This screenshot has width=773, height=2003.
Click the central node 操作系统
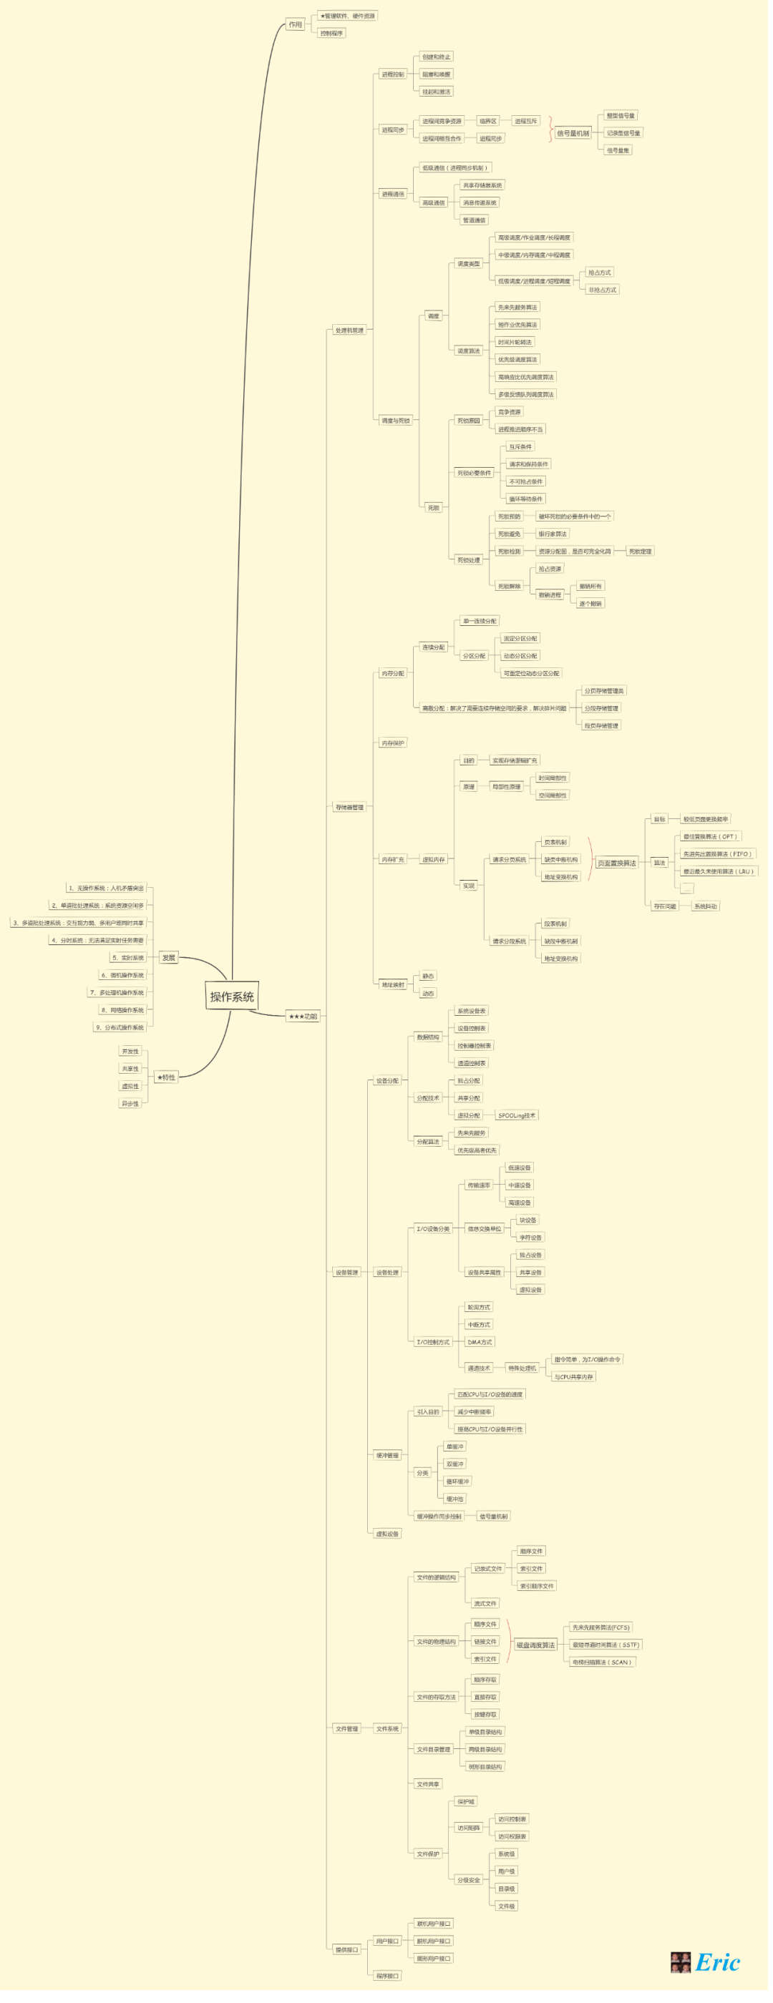(x=233, y=1003)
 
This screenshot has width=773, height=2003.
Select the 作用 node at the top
(x=297, y=25)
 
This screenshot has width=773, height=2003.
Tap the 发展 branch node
(x=170, y=964)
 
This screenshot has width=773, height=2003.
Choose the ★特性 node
(x=167, y=1084)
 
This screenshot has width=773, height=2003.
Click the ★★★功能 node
(x=304, y=1023)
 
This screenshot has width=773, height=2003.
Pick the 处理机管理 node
(x=351, y=333)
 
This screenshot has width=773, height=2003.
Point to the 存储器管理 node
(x=351, y=813)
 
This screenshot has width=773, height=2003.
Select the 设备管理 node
(x=349, y=1280)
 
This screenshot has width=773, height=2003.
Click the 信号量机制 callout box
(x=577, y=134)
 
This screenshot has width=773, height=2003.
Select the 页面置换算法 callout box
(x=621, y=868)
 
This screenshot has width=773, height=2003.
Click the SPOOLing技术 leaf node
(x=520, y=1123)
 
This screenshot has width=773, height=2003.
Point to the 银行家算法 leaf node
(x=556, y=537)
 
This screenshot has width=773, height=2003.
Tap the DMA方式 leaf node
(x=483, y=1351)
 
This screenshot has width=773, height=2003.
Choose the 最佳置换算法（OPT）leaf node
(x=714, y=842)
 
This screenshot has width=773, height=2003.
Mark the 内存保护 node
(x=396, y=748)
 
